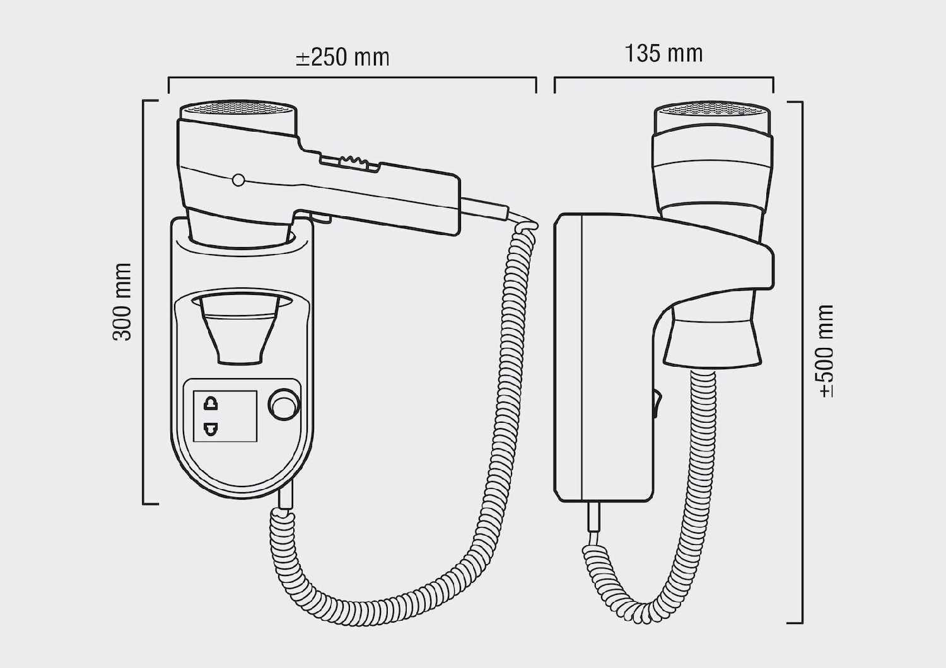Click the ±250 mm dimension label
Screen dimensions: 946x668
[x=342, y=57]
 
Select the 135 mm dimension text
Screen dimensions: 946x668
[x=663, y=54]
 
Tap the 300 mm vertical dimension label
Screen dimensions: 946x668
[x=122, y=301]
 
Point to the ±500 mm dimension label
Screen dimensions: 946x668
[x=826, y=351]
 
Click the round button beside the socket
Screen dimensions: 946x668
[x=284, y=405]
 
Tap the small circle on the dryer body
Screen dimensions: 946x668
[x=238, y=180]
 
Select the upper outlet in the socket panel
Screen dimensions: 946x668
[x=211, y=404]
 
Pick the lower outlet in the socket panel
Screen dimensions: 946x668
[x=211, y=430]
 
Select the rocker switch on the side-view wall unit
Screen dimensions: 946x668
[x=656, y=405]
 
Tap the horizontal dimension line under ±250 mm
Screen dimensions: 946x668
[x=352, y=78]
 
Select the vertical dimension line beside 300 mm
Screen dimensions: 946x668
[x=144, y=302]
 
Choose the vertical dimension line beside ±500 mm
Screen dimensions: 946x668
[x=801, y=362]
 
